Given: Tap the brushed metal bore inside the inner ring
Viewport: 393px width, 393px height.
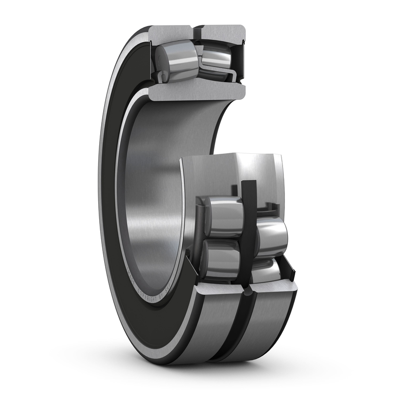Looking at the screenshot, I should pyautogui.click(x=152, y=196).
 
